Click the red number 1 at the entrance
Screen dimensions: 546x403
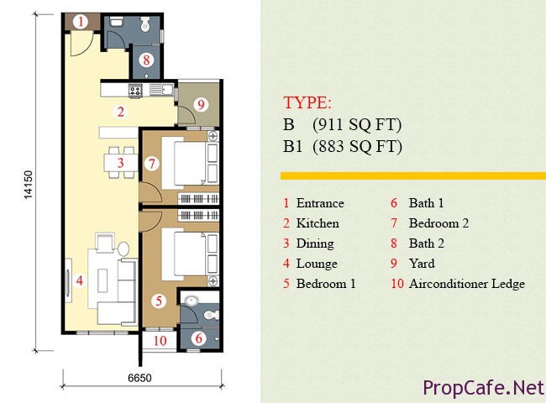tap(81, 22)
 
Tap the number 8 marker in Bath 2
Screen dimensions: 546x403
tap(146, 60)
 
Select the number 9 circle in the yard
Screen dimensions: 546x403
tap(201, 104)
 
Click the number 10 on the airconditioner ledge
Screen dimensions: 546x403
tap(160, 341)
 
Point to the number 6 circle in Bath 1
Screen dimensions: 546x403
tap(199, 338)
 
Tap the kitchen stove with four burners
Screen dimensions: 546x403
tap(135, 91)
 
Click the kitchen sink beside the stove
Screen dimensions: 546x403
tap(161, 90)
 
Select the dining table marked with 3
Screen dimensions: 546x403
tap(120, 163)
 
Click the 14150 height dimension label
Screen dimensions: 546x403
tap(28, 185)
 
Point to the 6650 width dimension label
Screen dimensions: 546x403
tap(139, 378)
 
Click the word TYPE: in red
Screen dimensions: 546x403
tap(307, 102)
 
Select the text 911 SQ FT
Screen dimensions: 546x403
tap(357, 124)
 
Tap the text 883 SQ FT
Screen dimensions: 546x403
tap(357, 146)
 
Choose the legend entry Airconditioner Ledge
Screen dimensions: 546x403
tap(467, 284)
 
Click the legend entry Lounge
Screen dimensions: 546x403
tap(317, 264)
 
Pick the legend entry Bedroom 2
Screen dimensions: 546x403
tap(438, 223)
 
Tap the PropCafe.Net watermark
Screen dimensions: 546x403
tap(484, 388)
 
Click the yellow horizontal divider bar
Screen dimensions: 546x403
tap(413, 175)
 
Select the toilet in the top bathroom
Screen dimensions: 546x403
tap(145, 24)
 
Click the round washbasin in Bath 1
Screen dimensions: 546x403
tap(191, 301)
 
